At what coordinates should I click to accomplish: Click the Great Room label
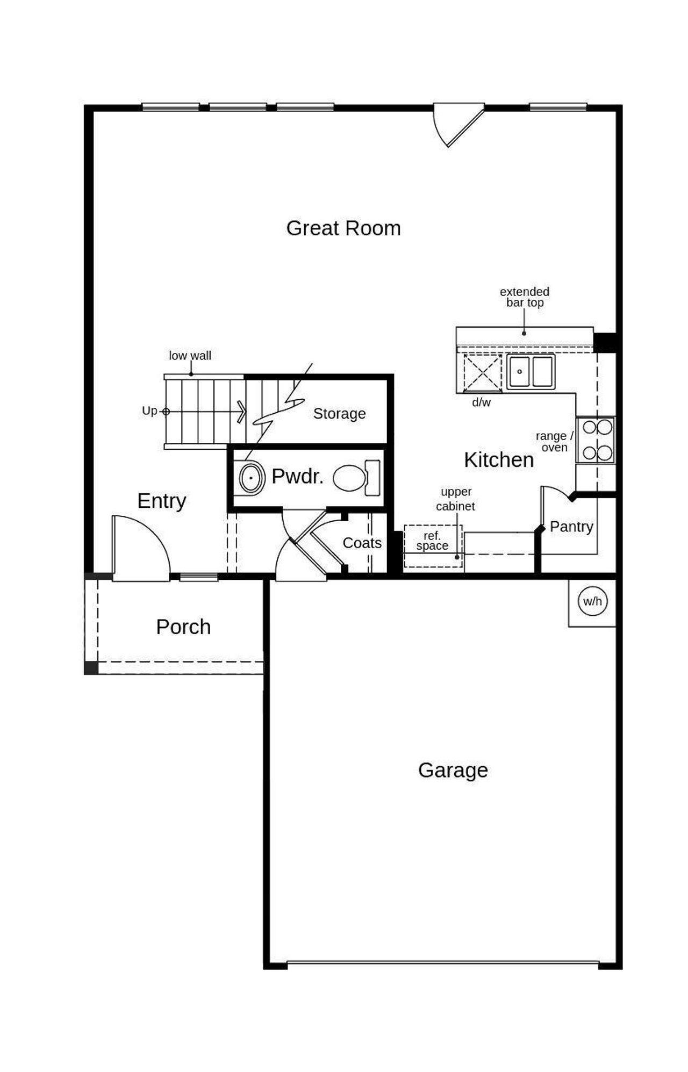tap(343, 228)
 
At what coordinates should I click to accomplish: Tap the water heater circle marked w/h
tap(592, 601)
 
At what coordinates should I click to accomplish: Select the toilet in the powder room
tap(355, 478)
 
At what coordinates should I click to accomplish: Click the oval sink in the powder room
tap(250, 478)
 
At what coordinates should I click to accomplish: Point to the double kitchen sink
tap(531, 371)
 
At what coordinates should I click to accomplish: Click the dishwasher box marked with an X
tap(482, 372)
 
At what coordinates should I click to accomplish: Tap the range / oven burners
tap(597, 440)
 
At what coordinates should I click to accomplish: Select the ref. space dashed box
tap(433, 545)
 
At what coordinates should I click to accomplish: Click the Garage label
tap(453, 770)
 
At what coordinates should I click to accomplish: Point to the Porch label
tap(183, 627)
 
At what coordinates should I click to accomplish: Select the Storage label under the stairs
tap(339, 414)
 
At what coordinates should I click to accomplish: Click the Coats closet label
tap(362, 543)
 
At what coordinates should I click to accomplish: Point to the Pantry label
tap(571, 527)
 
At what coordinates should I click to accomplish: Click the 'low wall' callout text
tap(190, 356)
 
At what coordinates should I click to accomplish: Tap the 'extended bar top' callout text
tap(524, 297)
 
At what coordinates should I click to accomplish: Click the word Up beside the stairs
tap(149, 411)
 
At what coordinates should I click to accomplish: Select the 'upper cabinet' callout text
tap(455, 499)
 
